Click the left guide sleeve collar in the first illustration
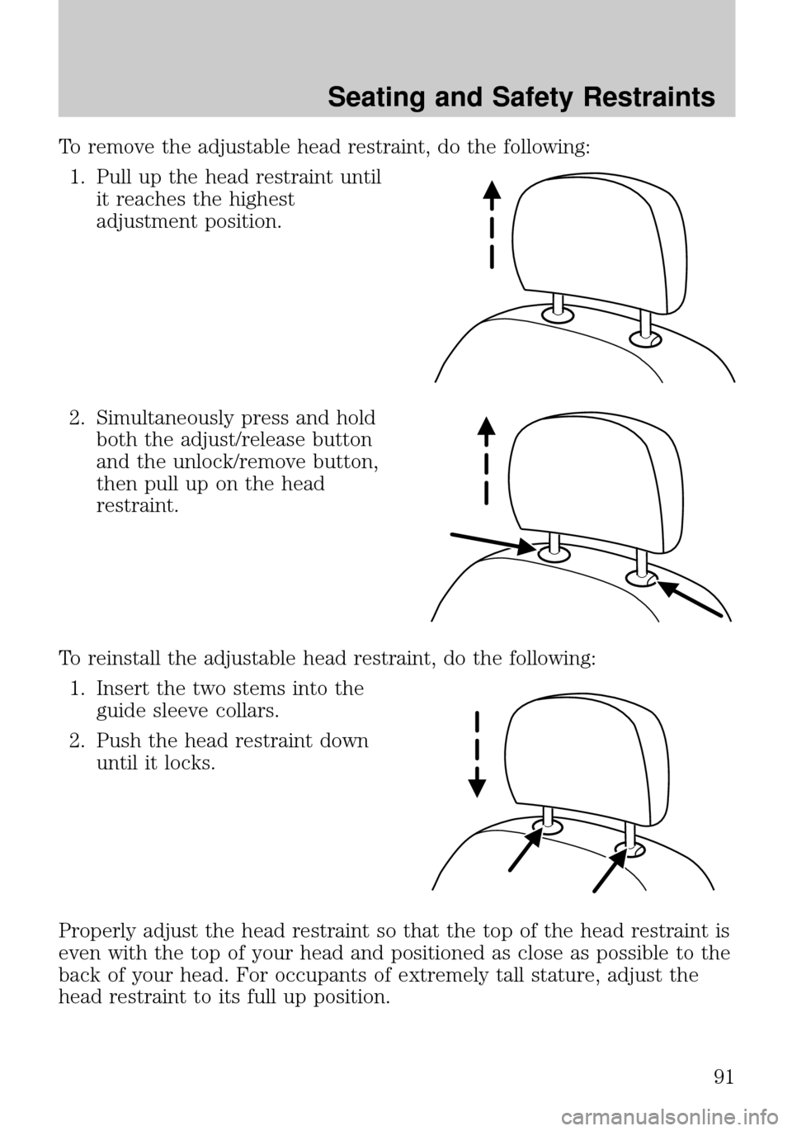click(559, 313)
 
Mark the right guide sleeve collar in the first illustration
click(645, 337)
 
